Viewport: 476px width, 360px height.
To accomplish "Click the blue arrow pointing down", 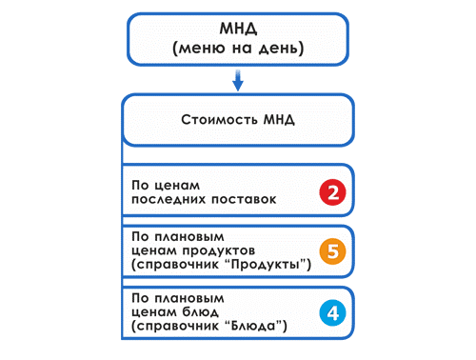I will coord(238,83).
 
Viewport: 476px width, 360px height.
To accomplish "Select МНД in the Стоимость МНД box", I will coord(276,121).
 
